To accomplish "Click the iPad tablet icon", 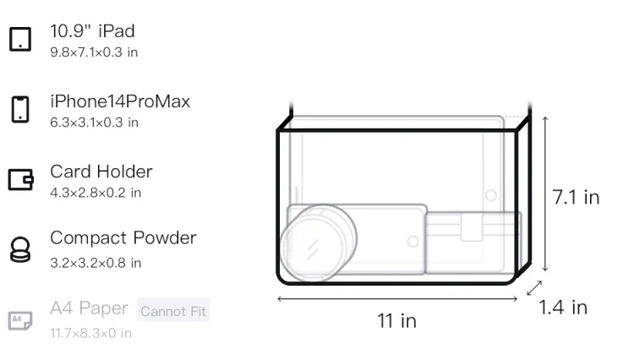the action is click(x=20, y=39).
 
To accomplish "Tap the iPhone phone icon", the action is click(x=20, y=109).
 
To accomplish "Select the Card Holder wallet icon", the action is click(x=20, y=179).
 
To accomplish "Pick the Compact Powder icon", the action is click(x=20, y=249).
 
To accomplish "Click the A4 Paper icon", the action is click(x=20, y=320).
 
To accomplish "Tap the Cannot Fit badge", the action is click(x=173, y=311).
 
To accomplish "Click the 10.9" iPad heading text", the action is click(x=92, y=31).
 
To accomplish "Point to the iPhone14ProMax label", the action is click(x=120, y=101).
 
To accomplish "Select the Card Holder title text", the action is click(x=101, y=172).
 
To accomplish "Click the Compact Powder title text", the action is click(x=123, y=238).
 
